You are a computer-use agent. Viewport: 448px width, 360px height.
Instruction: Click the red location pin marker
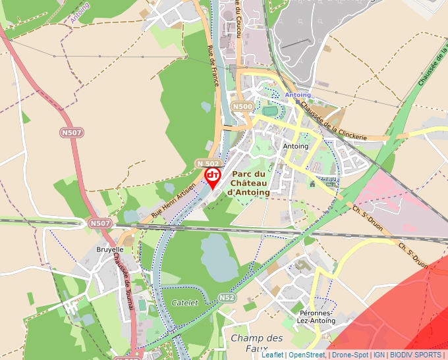[x=213, y=177]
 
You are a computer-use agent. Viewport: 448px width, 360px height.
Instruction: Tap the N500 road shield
[x=242, y=107]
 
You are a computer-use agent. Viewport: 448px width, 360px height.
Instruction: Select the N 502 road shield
[x=208, y=163]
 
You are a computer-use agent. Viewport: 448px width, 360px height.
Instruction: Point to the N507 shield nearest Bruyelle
[x=100, y=224]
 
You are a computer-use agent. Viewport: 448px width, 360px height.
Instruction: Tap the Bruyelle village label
[x=110, y=250]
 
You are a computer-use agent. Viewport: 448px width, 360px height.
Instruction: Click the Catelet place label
[x=184, y=302]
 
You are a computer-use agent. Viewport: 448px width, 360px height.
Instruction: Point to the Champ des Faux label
[x=257, y=342]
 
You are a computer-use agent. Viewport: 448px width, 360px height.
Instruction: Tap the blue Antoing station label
[x=297, y=95]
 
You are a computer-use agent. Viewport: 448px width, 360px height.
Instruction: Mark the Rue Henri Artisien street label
[x=174, y=201]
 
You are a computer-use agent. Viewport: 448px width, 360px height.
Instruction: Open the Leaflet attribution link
[x=273, y=355]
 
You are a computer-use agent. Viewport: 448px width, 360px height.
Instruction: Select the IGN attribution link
[x=379, y=355]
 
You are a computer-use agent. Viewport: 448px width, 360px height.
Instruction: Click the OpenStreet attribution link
[x=307, y=355]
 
